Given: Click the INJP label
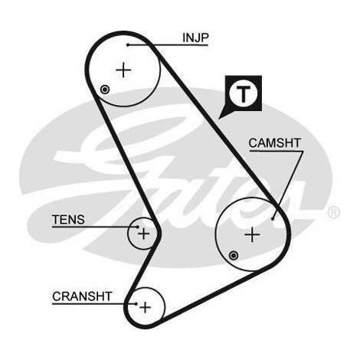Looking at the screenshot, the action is pos(195,38).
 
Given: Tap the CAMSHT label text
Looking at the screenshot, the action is pos(275,143).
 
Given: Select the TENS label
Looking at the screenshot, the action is pos(68,220).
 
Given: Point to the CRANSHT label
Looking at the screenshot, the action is pos(82,296).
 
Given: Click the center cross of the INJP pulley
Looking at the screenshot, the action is pos(123,70).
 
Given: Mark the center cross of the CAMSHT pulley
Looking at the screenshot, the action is pos(252,234).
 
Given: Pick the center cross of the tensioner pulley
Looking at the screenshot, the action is pos(144,234).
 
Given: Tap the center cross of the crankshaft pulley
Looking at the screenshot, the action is pos(145,307).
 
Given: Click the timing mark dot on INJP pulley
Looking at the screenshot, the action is pos(105,90).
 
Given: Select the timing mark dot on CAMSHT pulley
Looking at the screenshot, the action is pos(234,255).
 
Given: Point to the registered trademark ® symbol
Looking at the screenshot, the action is pos(333,213).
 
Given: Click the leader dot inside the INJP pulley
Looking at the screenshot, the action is pos(128,45).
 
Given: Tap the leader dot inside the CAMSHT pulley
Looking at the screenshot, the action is pos(273,218).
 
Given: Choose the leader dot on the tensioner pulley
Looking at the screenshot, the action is pos(138,227).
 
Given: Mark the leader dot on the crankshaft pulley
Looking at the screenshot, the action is pos(136,304).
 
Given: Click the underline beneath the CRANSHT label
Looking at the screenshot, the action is pos(94,304).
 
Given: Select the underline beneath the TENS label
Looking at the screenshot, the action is pos(95,227).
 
